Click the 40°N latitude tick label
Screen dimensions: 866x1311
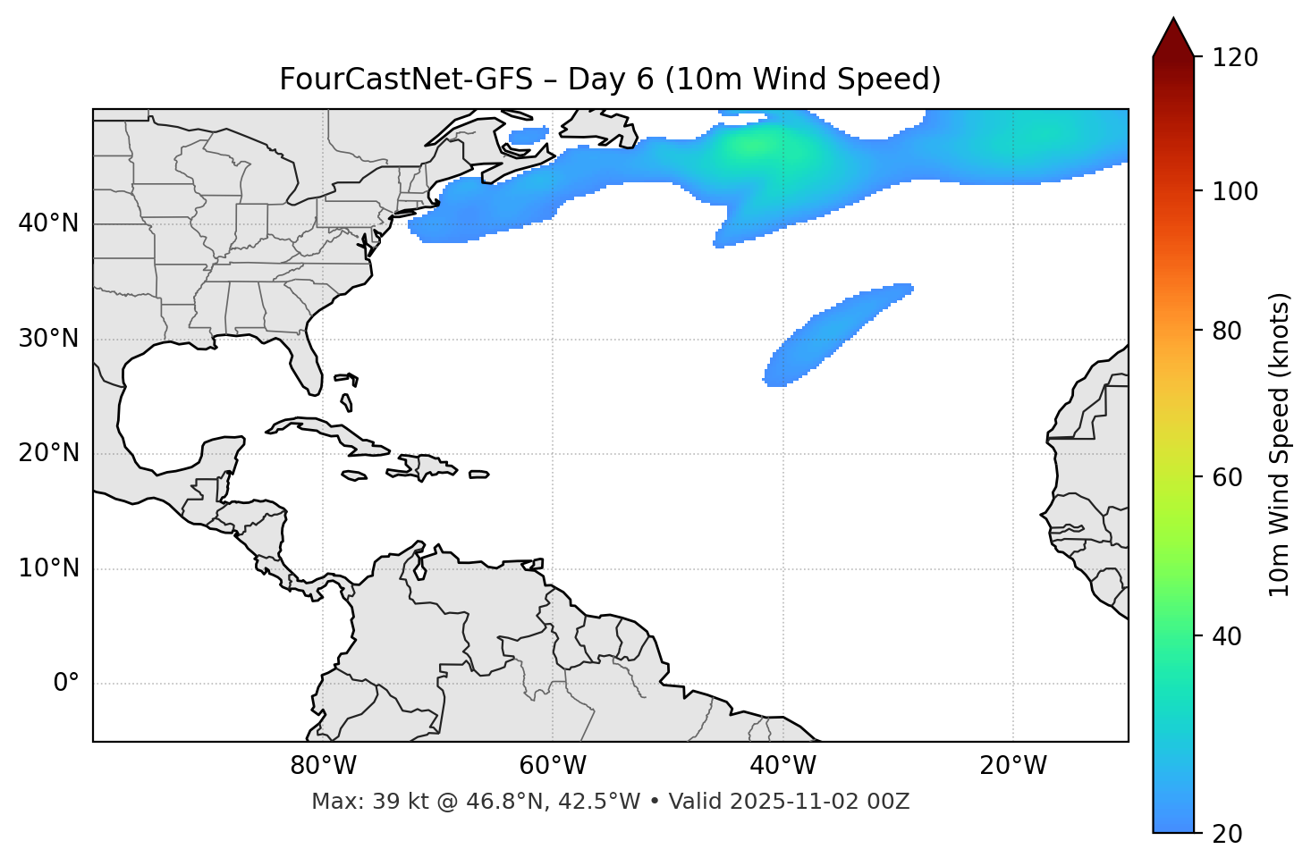48,223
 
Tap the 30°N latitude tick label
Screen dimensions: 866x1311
48,339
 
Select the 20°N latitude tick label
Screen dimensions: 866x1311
48,453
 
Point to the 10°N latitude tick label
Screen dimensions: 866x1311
48,568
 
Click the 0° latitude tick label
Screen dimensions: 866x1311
66,684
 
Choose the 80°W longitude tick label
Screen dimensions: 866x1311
323,766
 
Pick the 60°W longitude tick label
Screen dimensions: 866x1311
553,766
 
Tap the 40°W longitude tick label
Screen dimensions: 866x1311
782,766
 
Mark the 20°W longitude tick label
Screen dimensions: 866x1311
1013,766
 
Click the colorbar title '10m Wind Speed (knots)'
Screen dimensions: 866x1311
1280,445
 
